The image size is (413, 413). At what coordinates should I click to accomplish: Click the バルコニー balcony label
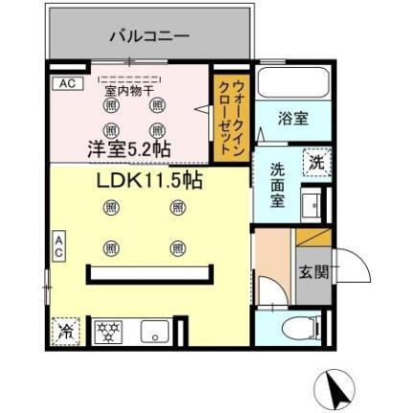149,36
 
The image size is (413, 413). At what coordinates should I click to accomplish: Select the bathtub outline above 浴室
293,83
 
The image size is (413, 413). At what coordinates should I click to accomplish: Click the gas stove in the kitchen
108,333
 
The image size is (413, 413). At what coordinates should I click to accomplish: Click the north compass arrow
335,388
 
